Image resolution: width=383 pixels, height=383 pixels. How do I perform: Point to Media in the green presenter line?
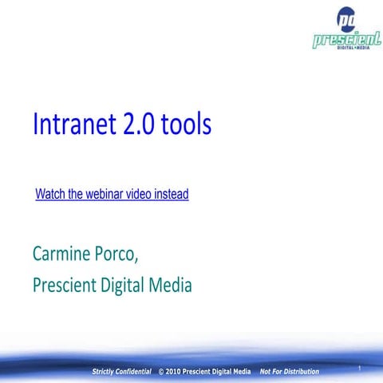(x=174, y=284)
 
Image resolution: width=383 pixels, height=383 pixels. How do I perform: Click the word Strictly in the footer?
(x=106, y=372)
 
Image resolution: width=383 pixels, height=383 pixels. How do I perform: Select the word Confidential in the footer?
(x=136, y=372)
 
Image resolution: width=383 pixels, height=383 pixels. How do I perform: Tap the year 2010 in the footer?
(x=176, y=372)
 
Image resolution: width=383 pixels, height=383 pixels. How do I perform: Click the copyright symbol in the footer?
(x=162, y=372)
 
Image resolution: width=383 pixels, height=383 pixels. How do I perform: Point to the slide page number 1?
(x=361, y=367)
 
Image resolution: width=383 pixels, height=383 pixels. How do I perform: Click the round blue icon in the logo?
(x=347, y=18)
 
